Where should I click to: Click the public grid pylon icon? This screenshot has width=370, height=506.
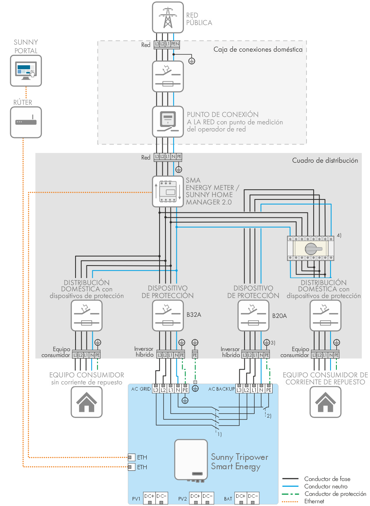pyautogui.click(x=168, y=18)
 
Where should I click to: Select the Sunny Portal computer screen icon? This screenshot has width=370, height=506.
pyautogui.click(x=26, y=71)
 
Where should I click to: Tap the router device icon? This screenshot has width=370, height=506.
pyautogui.click(x=26, y=122)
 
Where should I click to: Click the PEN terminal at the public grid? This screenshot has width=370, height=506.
pyautogui.click(x=175, y=44)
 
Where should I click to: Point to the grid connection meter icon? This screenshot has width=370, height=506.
pyautogui.click(x=168, y=122)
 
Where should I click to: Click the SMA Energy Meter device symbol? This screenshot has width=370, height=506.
pyautogui.click(x=168, y=192)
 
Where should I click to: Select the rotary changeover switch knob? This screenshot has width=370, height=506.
pyautogui.click(x=311, y=248)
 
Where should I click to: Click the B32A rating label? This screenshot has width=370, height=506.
pyautogui.click(x=194, y=315)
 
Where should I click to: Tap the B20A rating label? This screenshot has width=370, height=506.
pyautogui.click(x=279, y=316)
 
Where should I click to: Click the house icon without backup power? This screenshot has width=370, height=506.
pyautogui.click(x=86, y=402)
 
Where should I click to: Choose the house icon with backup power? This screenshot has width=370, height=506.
pyautogui.click(x=325, y=402)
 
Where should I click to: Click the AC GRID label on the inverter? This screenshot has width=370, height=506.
pyautogui.click(x=140, y=389)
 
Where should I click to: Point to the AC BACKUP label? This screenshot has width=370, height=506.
pyautogui.click(x=221, y=389)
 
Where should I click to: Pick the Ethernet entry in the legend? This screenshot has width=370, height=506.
pyautogui.click(x=314, y=501)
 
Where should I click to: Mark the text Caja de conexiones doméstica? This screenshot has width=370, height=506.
pyautogui.click(x=258, y=50)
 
